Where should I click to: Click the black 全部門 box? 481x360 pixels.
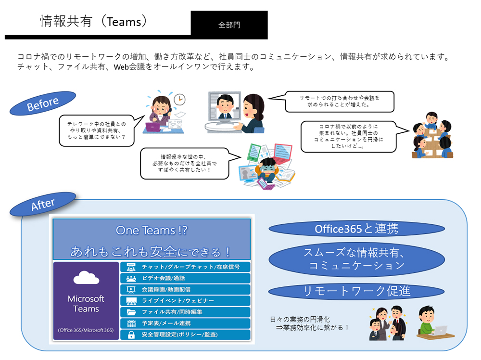coord(229,25)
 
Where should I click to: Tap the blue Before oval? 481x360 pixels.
coord(43,103)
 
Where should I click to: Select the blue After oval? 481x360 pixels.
coord(43,204)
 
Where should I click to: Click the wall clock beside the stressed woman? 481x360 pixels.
coord(179,100)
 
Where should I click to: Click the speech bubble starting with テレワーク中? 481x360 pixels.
coord(97,130)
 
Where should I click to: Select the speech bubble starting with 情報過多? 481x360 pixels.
coord(185,163)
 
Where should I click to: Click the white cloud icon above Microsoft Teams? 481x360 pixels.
coord(86,278)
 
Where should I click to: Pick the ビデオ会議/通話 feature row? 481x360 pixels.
coord(185,278)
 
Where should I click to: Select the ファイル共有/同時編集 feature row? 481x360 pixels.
coord(185,312)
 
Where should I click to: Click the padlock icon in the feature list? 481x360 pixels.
coord(131,334)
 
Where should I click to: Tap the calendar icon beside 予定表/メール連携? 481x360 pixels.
coord(131,323)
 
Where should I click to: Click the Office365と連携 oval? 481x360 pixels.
coord(356,229)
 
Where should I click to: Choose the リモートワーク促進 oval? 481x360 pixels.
coord(356,291)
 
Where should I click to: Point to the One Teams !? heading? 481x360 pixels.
coord(152,231)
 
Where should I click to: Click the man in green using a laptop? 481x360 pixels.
coord(433,322)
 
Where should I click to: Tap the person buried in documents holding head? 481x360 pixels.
coord(267,170)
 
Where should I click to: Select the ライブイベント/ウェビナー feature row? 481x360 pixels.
coord(185,301)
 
